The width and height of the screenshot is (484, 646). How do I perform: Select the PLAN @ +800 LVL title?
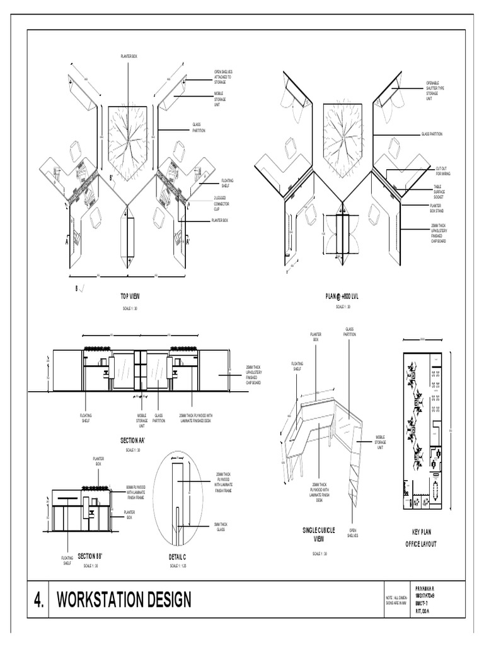click(x=342, y=295)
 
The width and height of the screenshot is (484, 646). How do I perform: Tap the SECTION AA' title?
click(x=133, y=440)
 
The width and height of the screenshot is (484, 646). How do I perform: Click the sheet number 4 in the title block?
click(x=38, y=599)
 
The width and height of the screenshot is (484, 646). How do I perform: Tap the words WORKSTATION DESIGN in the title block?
click(x=124, y=599)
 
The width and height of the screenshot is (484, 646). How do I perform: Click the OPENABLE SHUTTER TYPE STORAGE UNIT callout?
click(x=436, y=91)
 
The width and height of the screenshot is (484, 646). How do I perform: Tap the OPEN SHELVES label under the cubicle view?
click(x=354, y=534)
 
